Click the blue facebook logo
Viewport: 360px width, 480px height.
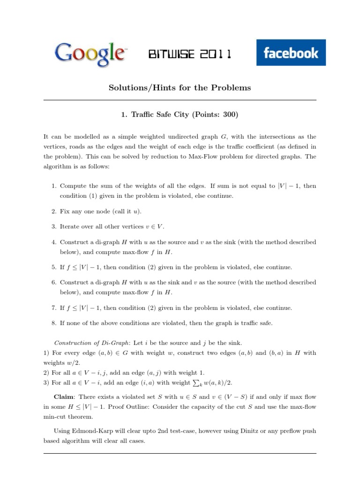point(291,52)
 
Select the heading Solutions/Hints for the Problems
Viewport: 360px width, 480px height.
point(180,88)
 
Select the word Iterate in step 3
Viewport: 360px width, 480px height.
point(70,226)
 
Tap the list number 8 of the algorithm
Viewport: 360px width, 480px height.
point(53,323)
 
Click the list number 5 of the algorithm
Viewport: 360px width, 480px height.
point(53,267)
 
